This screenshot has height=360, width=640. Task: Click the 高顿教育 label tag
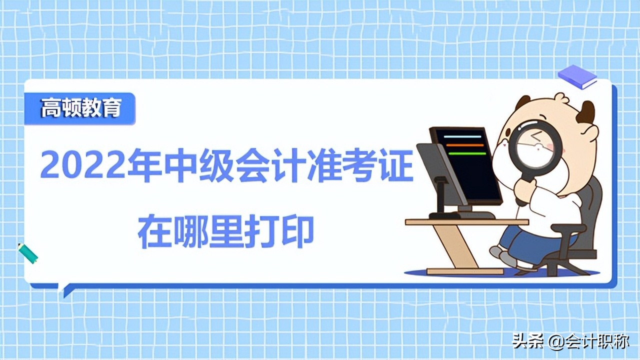[80, 108]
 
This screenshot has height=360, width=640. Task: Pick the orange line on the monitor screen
[465, 145]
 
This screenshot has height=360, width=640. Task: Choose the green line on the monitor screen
[466, 153]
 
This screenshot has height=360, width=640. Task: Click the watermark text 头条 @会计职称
[570, 342]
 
